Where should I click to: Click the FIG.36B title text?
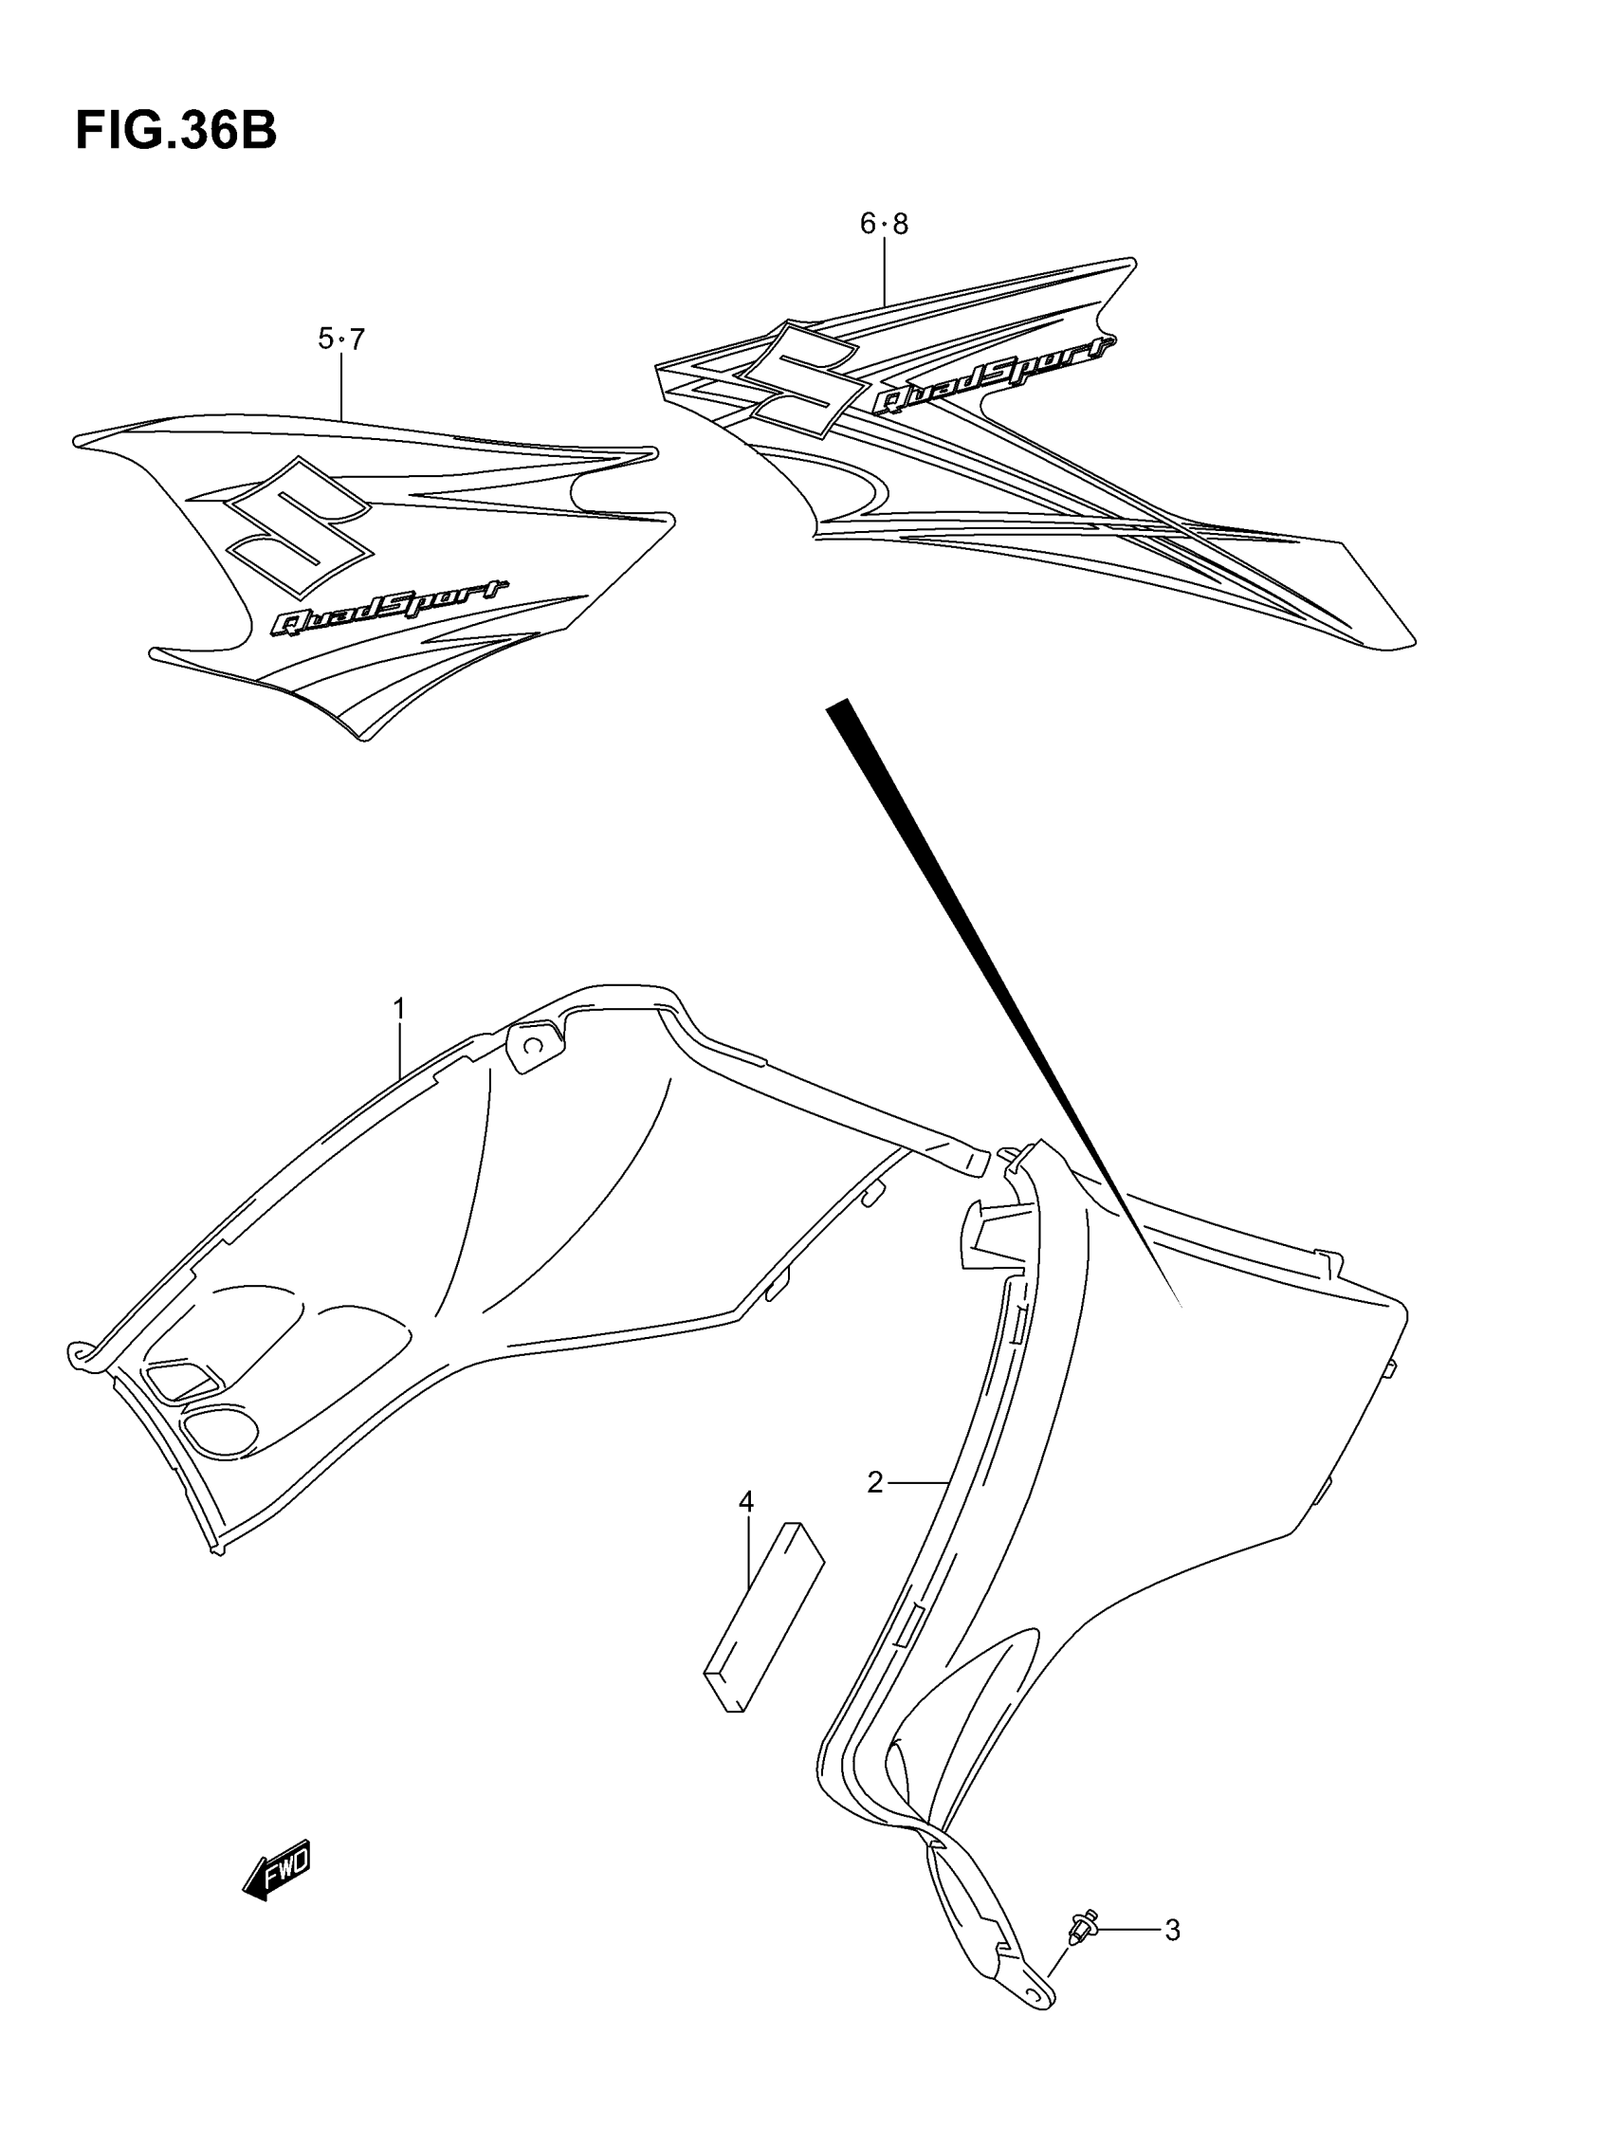pyautogui.click(x=175, y=130)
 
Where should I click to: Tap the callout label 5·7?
pyautogui.click(x=340, y=339)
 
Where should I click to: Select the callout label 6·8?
pyautogui.click(x=884, y=224)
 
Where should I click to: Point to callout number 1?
pyautogui.click(x=398, y=1009)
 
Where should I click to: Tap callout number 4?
pyautogui.click(x=745, y=1502)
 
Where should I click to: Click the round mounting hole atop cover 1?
pyautogui.click(x=533, y=1044)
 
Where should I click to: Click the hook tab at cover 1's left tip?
pyautogui.click(x=78, y=1353)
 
